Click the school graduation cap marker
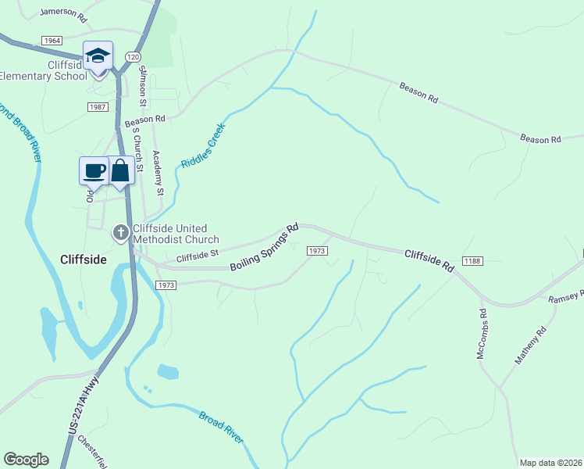[x=98, y=56]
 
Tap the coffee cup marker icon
[x=94, y=170]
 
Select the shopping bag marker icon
[x=120, y=170]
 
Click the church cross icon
[x=121, y=231]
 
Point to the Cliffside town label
[x=84, y=259]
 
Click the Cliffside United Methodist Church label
[x=176, y=234]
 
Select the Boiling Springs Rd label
[x=265, y=249]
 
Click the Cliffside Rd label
[x=429, y=260]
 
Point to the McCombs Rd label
[x=483, y=334]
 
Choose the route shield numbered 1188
[x=472, y=260]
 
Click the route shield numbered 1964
[x=52, y=41]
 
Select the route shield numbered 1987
[x=98, y=107]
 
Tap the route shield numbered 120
[x=133, y=57]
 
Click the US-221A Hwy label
[x=84, y=406]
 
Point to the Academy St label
[x=158, y=172]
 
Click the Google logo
[x=26, y=460]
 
